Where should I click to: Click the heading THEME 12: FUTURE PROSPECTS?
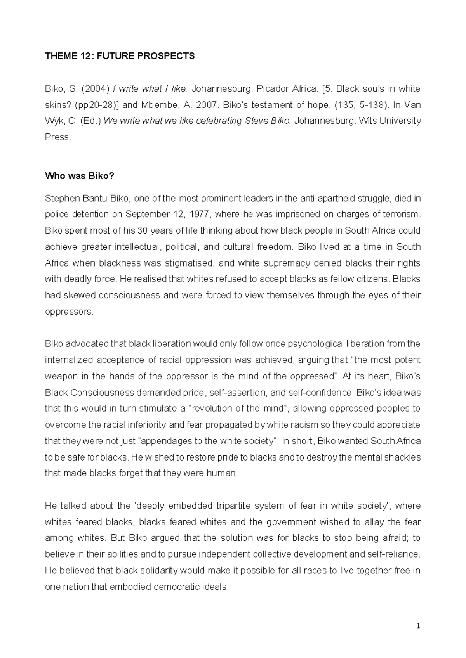coord(120,56)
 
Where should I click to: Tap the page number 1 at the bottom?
coord(418,625)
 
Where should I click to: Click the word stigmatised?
coord(189,263)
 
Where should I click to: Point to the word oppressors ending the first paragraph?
coord(69,312)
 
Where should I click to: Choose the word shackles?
coord(402,457)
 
